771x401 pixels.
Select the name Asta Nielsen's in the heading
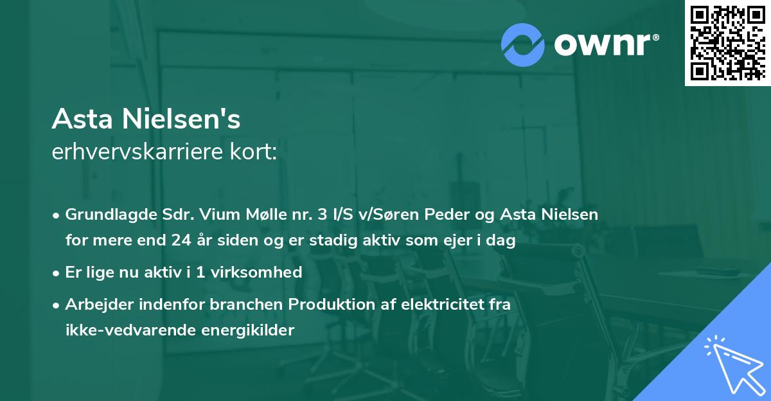pos(146,120)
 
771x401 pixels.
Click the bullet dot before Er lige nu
pos(57,272)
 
